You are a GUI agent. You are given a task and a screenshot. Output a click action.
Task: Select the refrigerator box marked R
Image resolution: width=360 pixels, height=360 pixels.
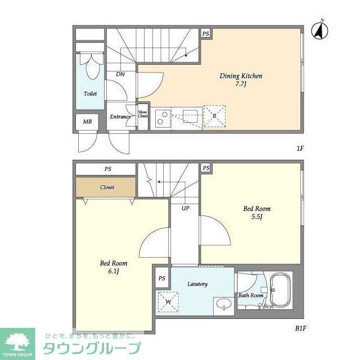coord(214,115)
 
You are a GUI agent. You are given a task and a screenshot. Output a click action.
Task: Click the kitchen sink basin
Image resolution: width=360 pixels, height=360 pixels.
coord(190,116)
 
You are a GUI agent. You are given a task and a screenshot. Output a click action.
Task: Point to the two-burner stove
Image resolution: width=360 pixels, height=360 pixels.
coord(161,117)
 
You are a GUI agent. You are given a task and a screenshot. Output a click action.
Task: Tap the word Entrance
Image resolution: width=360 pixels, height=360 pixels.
coord(120,117)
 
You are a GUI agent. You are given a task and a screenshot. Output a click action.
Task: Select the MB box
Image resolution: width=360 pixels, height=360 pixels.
coord(87,122)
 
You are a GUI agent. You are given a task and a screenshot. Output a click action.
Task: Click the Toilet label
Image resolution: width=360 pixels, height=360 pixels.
coord(90,93)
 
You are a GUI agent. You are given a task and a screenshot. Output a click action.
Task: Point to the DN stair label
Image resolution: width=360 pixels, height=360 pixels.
coord(120,74)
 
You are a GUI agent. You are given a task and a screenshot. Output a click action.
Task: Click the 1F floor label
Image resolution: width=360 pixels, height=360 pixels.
coord(300,149)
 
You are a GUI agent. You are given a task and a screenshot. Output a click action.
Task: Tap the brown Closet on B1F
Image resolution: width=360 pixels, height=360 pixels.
coord(107,187)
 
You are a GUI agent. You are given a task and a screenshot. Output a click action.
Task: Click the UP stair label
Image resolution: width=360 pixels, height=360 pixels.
coord(185,208)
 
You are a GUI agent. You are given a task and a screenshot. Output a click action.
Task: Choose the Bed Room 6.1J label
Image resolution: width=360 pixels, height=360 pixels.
coord(114,267)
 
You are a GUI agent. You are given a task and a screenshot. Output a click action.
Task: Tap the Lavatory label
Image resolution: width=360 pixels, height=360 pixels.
coord(197,284)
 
